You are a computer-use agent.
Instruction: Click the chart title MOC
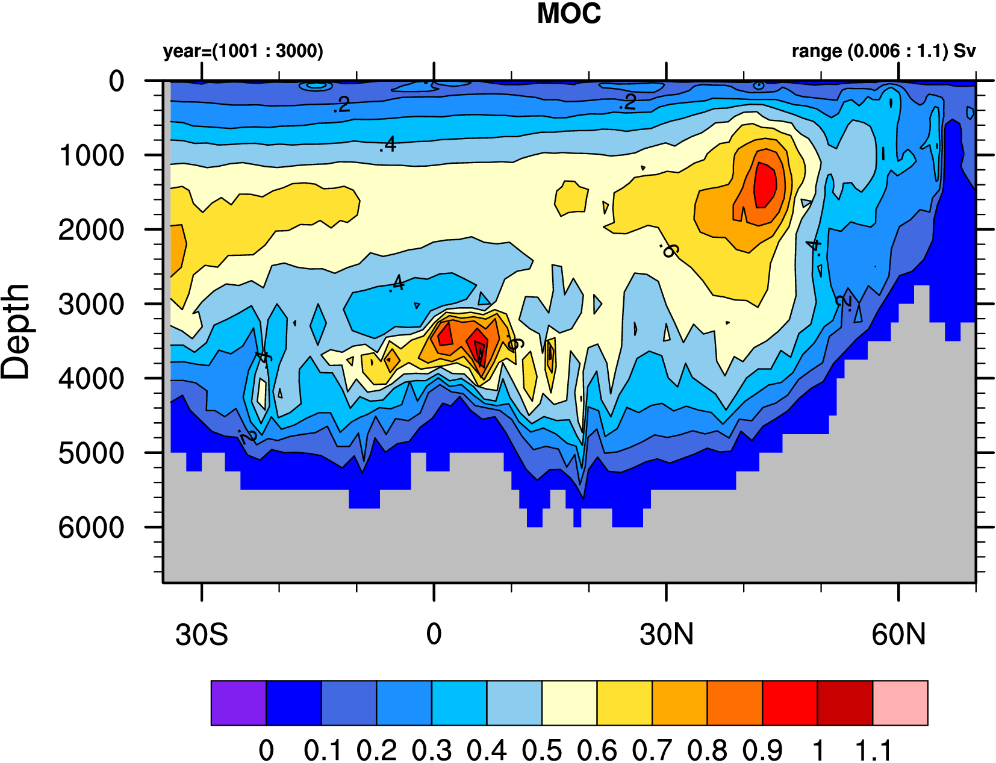[x=568, y=14]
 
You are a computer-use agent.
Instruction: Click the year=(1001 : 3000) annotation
[x=243, y=51]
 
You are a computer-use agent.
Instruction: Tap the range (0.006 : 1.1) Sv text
[x=883, y=51]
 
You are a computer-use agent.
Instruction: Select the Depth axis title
[x=16, y=331]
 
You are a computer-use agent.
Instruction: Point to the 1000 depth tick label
[x=92, y=155]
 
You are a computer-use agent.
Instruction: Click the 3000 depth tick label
[x=92, y=304]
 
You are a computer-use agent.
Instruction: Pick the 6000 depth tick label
[x=92, y=528]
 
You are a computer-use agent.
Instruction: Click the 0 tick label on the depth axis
[x=116, y=81]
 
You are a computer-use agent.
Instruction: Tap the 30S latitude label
[x=202, y=635]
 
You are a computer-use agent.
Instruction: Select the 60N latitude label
[x=898, y=635]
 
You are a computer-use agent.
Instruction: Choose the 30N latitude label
[x=667, y=635]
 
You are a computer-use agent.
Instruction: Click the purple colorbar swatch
[x=238, y=703]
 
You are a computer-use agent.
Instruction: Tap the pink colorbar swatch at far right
[x=900, y=703]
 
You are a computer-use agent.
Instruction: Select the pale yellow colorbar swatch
[x=569, y=703]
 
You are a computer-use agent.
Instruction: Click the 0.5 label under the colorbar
[x=541, y=750]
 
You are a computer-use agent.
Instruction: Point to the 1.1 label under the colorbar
[x=873, y=750]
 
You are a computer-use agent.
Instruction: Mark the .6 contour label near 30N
[x=668, y=249]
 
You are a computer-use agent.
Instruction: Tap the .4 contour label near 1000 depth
[x=388, y=145]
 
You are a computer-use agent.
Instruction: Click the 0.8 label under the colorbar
[x=707, y=750]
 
